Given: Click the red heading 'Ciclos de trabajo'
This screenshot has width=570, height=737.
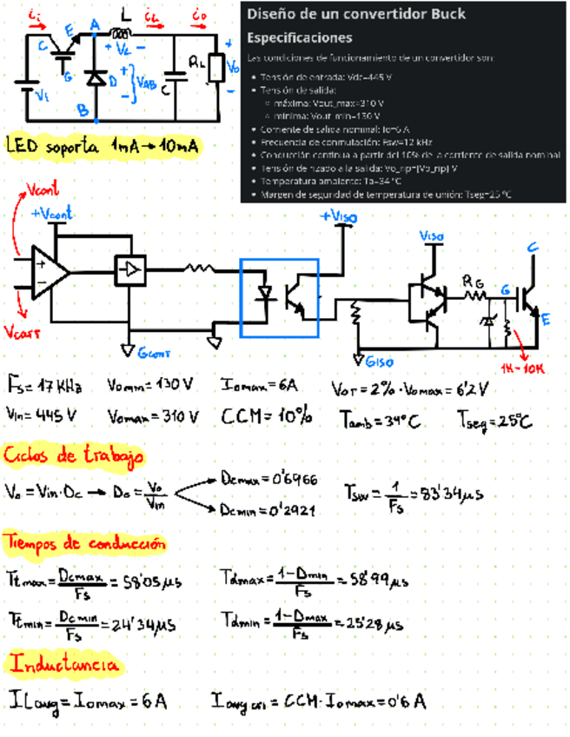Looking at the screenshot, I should coord(74,455).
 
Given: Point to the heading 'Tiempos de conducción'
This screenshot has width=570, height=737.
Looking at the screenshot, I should coord(84,543).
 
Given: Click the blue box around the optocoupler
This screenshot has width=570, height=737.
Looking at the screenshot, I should coord(280,296).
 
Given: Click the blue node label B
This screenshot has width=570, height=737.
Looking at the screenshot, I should coord(83,110).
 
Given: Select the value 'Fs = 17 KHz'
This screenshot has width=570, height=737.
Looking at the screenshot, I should coord(45,385).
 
